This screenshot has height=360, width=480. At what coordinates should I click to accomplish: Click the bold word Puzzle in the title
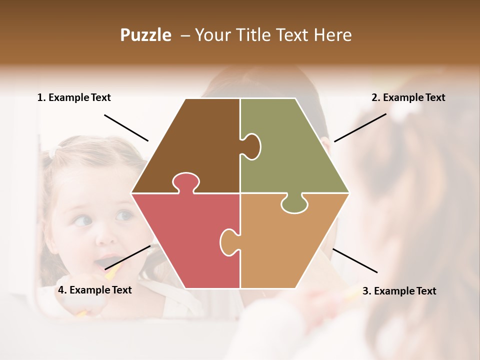pyautogui.click(x=145, y=35)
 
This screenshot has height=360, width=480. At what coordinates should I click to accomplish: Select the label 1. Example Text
pyautogui.click(x=74, y=97)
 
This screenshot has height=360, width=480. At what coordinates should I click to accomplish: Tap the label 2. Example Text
pyautogui.click(x=408, y=97)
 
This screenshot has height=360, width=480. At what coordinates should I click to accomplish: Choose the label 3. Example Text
pyautogui.click(x=399, y=291)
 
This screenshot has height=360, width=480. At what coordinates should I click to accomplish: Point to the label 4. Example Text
pyautogui.click(x=94, y=290)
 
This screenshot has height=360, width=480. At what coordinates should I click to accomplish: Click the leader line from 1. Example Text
pyautogui.click(x=126, y=127)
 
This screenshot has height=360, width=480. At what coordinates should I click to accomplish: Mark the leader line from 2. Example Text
pyautogui.click(x=360, y=127)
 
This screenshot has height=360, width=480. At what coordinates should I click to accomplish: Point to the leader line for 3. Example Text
pyautogui.click(x=354, y=260)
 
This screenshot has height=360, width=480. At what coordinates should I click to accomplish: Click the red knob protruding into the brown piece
pyautogui.click(x=185, y=181)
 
